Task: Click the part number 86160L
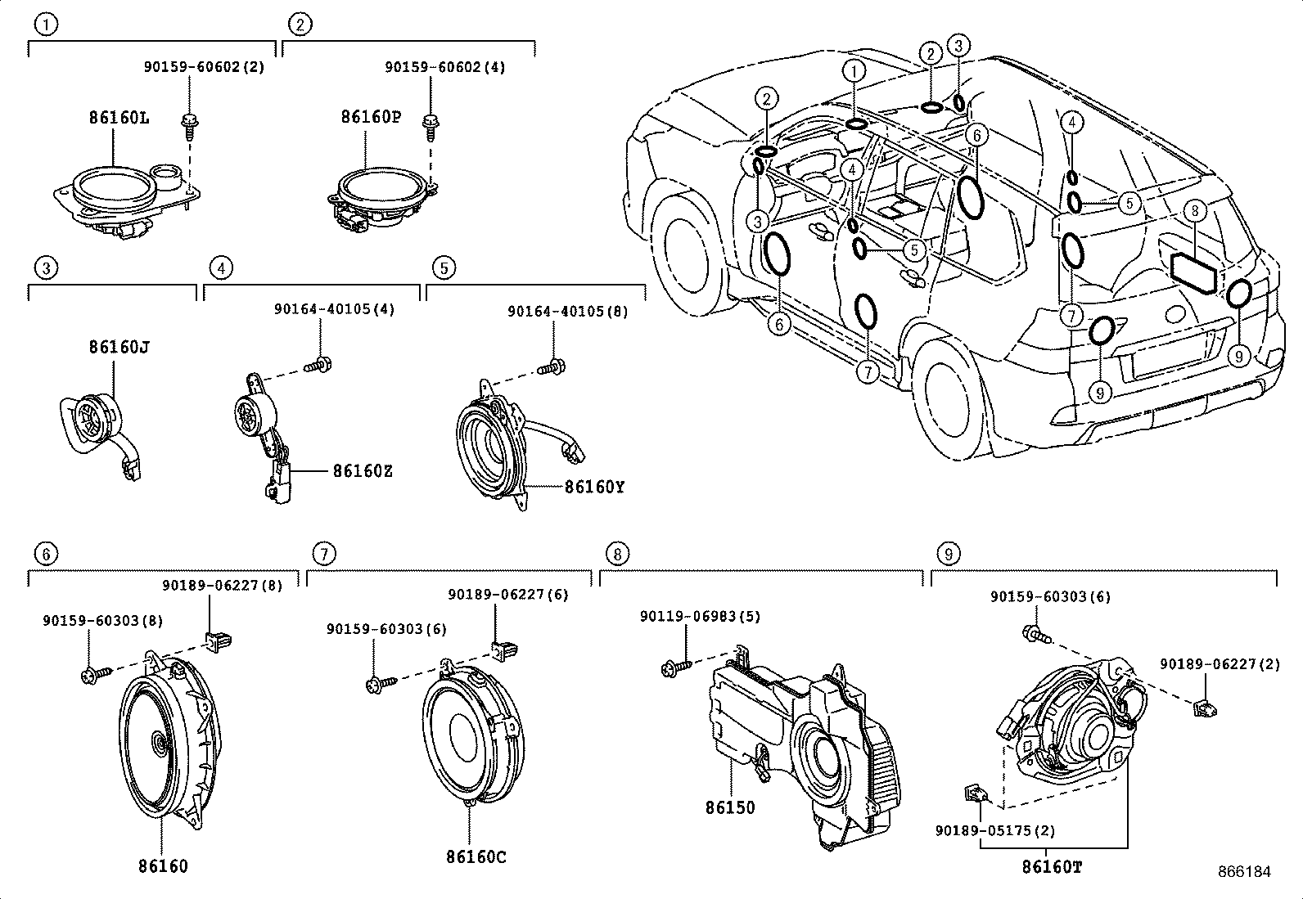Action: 119,118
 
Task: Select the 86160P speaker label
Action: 371,117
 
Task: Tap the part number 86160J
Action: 119,347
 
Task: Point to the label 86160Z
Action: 362,471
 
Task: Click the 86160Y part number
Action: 594,487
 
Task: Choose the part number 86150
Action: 730,807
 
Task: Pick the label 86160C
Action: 476,856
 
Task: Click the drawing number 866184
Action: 1245,871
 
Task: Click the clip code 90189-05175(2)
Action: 995,830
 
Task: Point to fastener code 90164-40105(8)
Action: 568,312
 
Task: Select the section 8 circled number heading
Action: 617,554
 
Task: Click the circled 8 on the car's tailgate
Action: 1195,212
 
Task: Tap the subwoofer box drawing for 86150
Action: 806,744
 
